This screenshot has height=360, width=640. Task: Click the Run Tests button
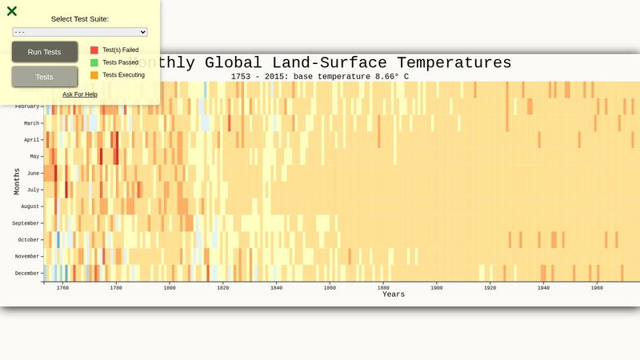44,52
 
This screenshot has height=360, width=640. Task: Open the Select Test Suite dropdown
80,32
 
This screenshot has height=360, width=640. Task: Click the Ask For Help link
80,94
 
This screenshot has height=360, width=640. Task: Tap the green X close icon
12,11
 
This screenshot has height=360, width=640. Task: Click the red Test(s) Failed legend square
94,50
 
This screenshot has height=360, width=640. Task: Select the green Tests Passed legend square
94,62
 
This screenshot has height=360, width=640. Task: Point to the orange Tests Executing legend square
94,75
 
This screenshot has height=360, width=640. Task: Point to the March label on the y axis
31,123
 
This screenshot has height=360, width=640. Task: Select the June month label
33,173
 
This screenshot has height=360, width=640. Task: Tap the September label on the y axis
26,223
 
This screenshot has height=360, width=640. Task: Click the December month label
28,274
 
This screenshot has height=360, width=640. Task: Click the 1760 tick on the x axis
62,288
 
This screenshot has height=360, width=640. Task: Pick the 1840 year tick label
276,288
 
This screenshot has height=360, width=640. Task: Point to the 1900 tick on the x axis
437,288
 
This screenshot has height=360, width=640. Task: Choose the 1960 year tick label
597,288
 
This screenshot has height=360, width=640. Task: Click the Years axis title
393,294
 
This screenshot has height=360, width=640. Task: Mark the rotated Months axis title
16,182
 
